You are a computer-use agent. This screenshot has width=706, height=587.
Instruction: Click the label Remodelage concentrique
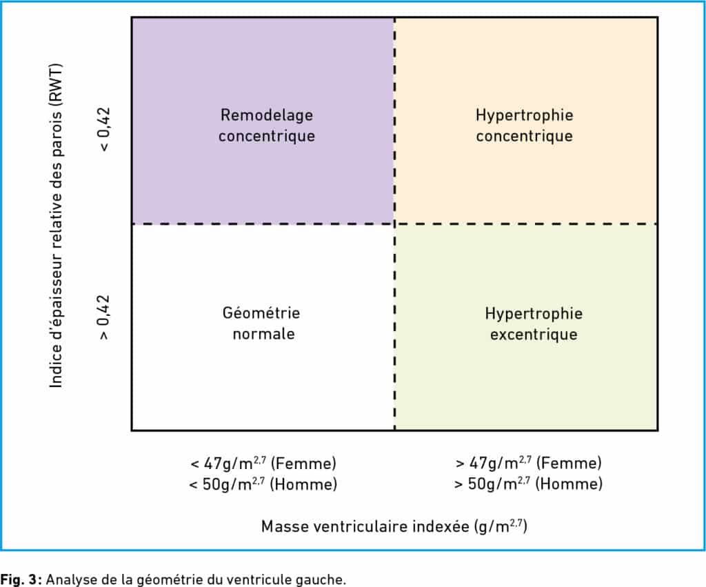click(267, 126)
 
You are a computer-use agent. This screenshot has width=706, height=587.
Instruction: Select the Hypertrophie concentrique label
click(525, 126)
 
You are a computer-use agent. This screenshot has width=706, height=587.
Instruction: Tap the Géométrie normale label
click(261, 323)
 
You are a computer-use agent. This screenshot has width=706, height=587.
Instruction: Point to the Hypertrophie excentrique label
click(534, 324)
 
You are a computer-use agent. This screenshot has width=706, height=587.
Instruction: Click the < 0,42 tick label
click(103, 129)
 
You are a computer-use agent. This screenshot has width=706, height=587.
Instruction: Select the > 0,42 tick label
click(103, 317)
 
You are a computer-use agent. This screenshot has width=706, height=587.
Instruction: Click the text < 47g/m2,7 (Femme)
click(263, 463)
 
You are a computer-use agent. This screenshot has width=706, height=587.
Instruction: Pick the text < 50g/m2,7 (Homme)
click(263, 484)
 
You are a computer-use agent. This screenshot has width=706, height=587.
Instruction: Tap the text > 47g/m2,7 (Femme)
click(529, 463)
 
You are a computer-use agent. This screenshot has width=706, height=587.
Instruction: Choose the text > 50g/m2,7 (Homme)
click(528, 484)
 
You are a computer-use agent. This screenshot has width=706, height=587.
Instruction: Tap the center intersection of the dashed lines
click(395, 223)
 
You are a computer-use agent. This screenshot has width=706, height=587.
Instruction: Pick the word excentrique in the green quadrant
click(534, 335)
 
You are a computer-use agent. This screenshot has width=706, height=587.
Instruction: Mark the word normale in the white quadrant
click(263, 334)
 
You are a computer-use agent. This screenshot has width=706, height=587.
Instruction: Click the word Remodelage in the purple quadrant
click(267, 115)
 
